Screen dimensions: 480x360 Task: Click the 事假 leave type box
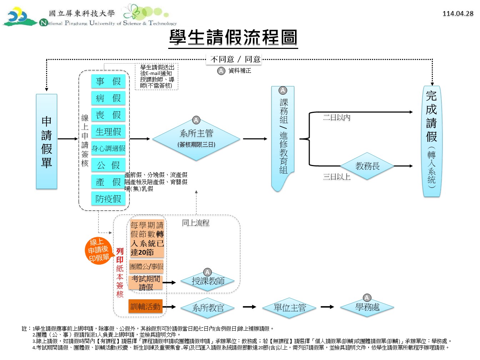[x=108, y=81]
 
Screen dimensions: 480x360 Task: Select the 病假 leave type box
[x=108, y=98]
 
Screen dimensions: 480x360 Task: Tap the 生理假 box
[x=108, y=131]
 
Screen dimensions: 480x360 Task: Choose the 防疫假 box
[x=108, y=199]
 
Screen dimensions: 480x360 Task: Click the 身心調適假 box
[x=108, y=149]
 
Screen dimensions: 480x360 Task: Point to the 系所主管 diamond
[x=196, y=139]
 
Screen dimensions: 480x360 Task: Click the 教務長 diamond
[x=367, y=166]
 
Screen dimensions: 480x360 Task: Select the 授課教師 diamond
[x=207, y=281]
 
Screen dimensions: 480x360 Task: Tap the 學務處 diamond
[x=367, y=307]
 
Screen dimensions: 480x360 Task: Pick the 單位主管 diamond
[x=289, y=307]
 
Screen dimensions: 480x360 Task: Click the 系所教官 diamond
[x=207, y=308]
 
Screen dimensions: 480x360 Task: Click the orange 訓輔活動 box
[x=145, y=306]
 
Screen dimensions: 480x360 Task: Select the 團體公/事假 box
[x=146, y=266]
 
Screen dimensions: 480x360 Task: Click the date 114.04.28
[x=458, y=14]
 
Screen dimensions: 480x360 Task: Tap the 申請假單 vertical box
[x=46, y=141]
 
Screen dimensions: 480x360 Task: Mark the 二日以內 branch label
[x=337, y=117]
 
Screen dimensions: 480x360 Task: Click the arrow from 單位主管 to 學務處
[x=327, y=307]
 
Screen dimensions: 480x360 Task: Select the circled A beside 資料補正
[x=221, y=71]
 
